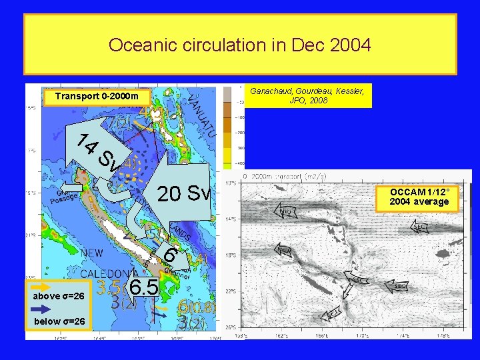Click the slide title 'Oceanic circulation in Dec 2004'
coord(239,45)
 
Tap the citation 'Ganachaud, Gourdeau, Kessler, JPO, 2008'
coord(307,95)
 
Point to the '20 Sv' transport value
coord(183,194)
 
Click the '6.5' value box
coord(143,288)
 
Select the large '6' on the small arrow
coord(171,255)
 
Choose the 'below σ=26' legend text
coord(59,322)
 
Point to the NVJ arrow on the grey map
coord(285,211)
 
